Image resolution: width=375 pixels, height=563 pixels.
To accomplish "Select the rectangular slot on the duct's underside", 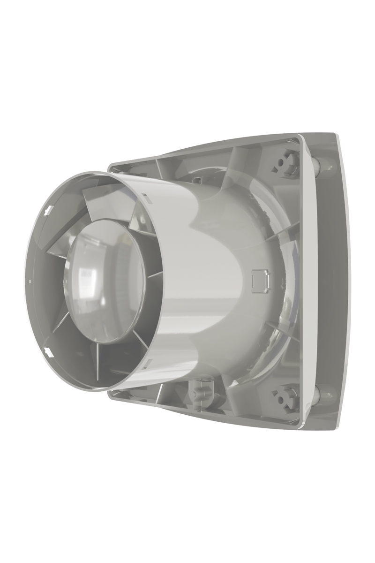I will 149,361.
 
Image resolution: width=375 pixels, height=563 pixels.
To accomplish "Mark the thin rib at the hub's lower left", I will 70,328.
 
